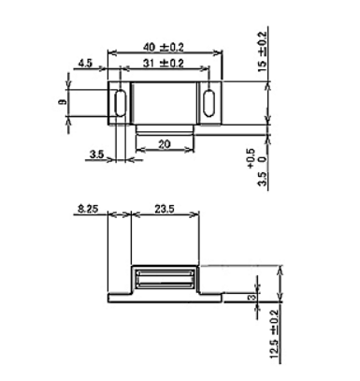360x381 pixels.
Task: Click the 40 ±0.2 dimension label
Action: [x=164, y=47]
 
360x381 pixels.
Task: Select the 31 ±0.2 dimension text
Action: [x=164, y=64]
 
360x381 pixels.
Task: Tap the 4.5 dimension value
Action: [x=85, y=64]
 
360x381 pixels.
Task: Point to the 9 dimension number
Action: [x=63, y=101]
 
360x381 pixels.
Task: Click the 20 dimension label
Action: [x=165, y=144]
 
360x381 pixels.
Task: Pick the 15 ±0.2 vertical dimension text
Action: [x=263, y=51]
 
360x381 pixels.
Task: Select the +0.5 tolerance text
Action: [x=252, y=158]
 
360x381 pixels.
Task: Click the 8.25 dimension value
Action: [x=88, y=209]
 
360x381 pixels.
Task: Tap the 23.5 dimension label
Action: [x=165, y=209]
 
